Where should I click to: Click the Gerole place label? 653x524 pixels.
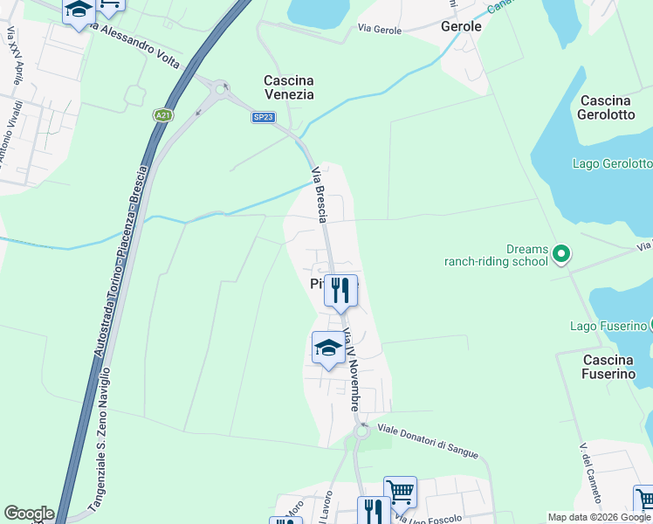(x=462, y=26)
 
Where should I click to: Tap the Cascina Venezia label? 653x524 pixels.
(x=289, y=87)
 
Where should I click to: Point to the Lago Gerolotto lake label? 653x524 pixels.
(x=612, y=163)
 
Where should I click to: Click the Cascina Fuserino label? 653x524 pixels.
(x=608, y=367)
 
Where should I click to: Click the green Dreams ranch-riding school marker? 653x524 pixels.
(x=561, y=254)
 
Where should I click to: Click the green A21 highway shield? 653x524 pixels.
(x=162, y=114)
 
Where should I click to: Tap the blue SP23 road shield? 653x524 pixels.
(x=264, y=117)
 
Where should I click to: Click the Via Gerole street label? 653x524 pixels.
(x=380, y=29)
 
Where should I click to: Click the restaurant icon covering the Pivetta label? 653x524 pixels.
(x=340, y=290)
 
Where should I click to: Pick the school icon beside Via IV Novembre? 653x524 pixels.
(x=327, y=348)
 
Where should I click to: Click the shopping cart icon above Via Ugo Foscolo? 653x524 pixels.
(x=400, y=492)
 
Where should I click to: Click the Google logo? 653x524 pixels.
(x=29, y=514)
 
